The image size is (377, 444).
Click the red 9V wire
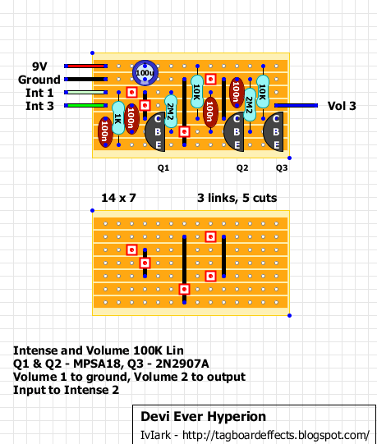pyautogui.click(x=85, y=66)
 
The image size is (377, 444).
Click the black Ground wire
pyautogui.click(x=85, y=80)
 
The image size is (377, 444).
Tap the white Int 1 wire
pyautogui.click(x=85, y=92)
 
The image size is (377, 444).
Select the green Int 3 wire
pyautogui.click(x=85, y=106)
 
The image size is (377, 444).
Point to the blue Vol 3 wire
pyautogui.click(x=296, y=106)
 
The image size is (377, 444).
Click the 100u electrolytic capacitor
pyautogui.click(x=145, y=73)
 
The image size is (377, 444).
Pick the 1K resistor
pyautogui.click(x=118, y=118)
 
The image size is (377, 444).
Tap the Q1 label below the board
pyautogui.click(x=163, y=168)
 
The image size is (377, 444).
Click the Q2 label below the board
pyautogui.click(x=242, y=168)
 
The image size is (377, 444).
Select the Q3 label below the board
pyautogui.click(x=282, y=168)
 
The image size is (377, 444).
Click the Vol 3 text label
pyautogui.click(x=342, y=106)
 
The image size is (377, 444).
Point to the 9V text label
pyautogui.click(x=39, y=66)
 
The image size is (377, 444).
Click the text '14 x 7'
pyautogui.click(x=118, y=198)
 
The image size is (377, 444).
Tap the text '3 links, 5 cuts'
pyautogui.click(x=237, y=198)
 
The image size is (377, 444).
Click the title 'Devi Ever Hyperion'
pyautogui.click(x=203, y=417)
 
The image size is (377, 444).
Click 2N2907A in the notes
pyautogui.click(x=182, y=364)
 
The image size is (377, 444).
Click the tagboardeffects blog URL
pyautogui.click(x=276, y=435)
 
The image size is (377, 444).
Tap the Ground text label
pyautogui.click(x=39, y=80)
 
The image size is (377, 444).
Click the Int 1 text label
pyautogui.click(x=39, y=93)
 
